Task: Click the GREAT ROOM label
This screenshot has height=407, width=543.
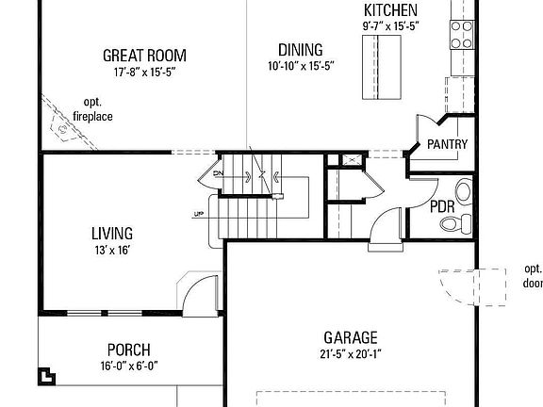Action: pos(144,56)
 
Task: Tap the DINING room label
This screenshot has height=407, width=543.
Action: pos(301,50)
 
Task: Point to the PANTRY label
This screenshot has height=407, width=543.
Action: pos(447,144)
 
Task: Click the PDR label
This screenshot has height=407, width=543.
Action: pos(442,206)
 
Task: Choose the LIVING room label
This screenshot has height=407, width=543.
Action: pos(111,233)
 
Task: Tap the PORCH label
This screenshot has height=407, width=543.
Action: pos(128,350)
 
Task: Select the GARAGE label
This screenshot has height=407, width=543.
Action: pos(350,337)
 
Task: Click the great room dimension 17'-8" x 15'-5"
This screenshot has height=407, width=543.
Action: pos(144,72)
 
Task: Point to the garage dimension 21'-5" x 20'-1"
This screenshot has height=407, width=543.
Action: pos(350,354)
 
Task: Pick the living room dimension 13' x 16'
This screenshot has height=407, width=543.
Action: pos(111,250)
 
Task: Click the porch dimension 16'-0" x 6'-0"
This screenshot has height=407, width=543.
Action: pos(128,366)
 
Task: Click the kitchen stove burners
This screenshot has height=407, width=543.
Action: pos(462,35)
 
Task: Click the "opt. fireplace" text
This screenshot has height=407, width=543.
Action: pos(92,108)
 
